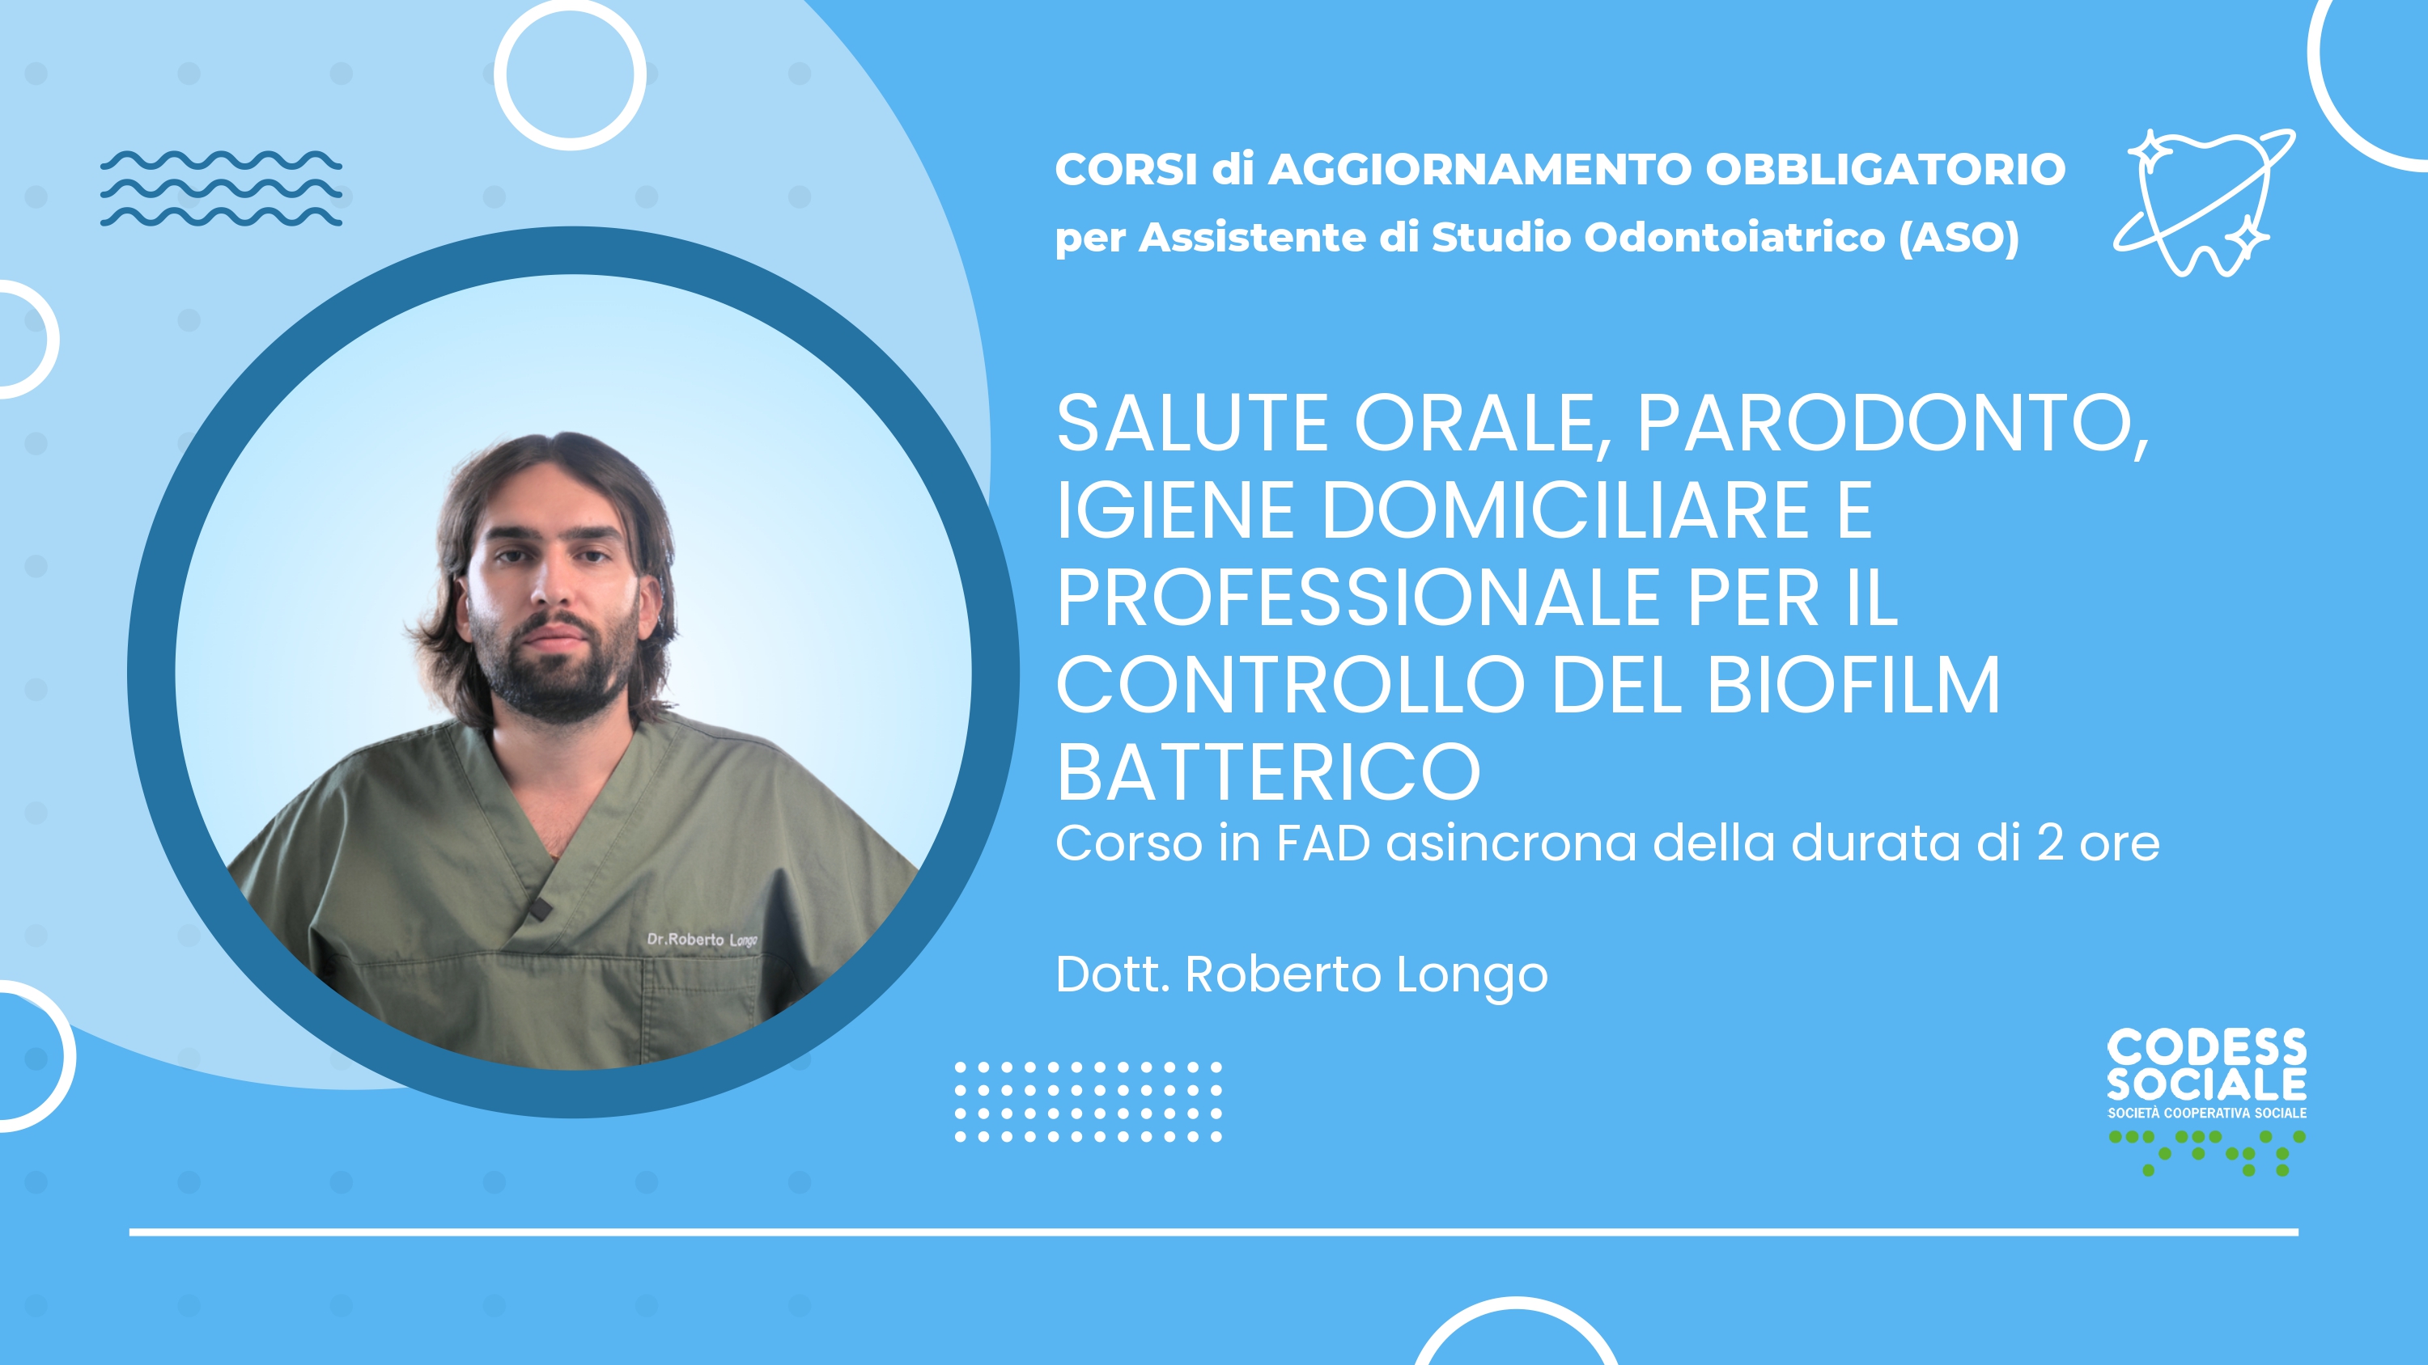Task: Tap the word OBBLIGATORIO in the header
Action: point(1885,170)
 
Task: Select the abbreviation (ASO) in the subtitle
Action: point(1959,238)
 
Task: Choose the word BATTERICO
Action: point(1269,772)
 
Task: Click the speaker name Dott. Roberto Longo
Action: point(1301,975)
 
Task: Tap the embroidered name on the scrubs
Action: point(703,939)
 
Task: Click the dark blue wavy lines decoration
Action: point(222,188)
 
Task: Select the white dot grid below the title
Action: point(1089,1102)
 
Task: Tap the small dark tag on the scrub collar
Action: point(539,909)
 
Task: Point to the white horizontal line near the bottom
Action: point(1214,1232)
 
